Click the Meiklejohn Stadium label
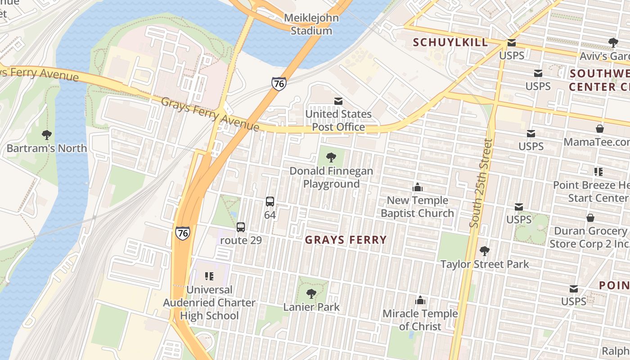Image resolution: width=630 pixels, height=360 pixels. [x=311, y=25]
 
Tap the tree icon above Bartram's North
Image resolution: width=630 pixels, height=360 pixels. [x=46, y=135]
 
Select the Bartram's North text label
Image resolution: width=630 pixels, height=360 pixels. [x=46, y=148]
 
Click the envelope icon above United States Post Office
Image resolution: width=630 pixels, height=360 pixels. [x=338, y=101]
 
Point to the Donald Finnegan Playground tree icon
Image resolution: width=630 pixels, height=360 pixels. [x=331, y=157]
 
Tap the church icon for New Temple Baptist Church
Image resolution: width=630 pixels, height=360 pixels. [x=417, y=187]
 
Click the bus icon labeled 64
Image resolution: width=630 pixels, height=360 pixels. [x=270, y=202]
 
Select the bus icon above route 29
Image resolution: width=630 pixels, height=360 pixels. [x=241, y=227]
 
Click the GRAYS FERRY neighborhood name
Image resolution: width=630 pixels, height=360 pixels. [x=346, y=240]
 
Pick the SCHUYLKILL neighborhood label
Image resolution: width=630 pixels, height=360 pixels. [x=450, y=43]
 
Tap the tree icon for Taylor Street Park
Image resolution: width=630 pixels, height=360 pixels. [x=484, y=251]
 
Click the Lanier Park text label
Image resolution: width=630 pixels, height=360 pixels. [x=311, y=307]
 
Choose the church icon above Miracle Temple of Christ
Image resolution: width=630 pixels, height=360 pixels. [x=420, y=300]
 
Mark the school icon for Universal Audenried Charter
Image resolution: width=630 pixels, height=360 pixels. [x=209, y=276]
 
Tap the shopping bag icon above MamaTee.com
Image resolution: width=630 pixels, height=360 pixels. [x=599, y=129]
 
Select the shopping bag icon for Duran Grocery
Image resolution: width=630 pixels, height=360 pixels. [x=590, y=218]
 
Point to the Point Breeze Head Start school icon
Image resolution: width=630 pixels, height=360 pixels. [x=598, y=171]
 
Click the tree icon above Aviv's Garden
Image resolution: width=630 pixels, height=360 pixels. [x=613, y=43]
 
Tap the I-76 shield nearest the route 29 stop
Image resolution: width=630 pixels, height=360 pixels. [x=183, y=233]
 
